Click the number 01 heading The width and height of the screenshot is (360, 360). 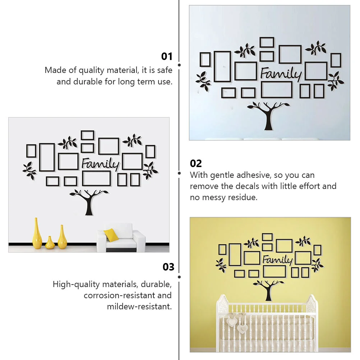click(x=167, y=56)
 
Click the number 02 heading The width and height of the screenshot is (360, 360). click(x=196, y=163)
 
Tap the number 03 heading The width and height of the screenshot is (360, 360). click(x=169, y=267)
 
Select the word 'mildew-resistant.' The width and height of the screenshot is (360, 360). click(x=139, y=306)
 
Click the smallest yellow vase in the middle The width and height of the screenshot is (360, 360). click(x=50, y=243)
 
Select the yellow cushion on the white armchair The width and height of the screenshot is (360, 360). click(x=111, y=235)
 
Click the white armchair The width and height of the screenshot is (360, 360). click(x=121, y=238)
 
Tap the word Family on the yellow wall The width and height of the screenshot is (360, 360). click(x=277, y=260)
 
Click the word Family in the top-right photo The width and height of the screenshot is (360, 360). click(x=281, y=74)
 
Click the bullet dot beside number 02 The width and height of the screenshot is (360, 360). click(x=179, y=173)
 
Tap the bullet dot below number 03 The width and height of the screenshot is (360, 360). click(x=179, y=277)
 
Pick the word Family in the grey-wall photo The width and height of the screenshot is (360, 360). click(x=100, y=163)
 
